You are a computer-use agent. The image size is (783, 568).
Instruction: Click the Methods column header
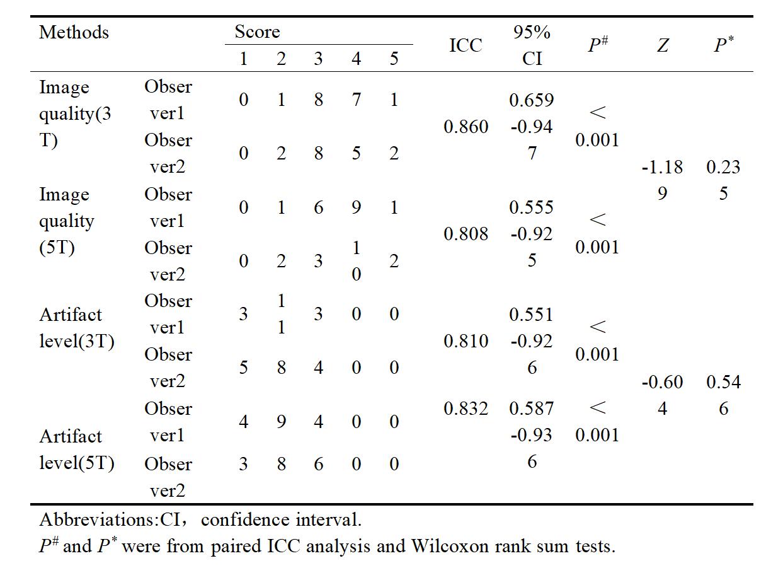(74, 32)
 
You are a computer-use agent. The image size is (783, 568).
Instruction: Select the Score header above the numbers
(257, 32)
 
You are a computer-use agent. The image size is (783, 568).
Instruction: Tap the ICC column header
(466, 45)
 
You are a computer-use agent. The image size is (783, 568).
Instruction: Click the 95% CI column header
(532, 45)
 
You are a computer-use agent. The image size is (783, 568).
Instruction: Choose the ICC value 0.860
(466, 126)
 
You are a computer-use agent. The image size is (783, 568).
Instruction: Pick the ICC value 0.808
(466, 234)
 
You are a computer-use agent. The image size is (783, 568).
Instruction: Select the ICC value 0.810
(466, 341)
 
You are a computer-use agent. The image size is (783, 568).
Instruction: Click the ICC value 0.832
(466, 409)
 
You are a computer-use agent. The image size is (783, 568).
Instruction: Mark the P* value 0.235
(723, 180)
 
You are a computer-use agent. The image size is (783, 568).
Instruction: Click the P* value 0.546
(723, 395)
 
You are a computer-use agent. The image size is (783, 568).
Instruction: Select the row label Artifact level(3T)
(77, 328)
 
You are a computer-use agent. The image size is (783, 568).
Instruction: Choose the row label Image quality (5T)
(66, 221)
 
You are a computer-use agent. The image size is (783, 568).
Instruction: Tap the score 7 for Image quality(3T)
(356, 100)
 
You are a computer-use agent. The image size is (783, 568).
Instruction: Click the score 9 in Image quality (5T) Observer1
(356, 207)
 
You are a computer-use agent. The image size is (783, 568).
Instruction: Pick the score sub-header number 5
(394, 59)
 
